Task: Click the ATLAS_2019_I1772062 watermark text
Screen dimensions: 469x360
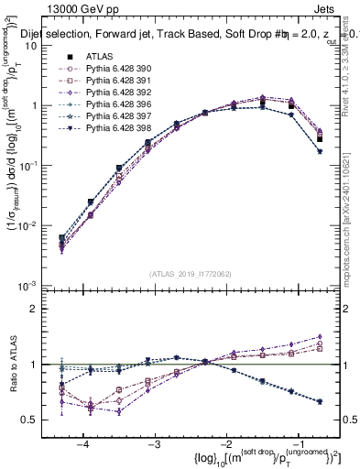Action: (184, 273)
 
